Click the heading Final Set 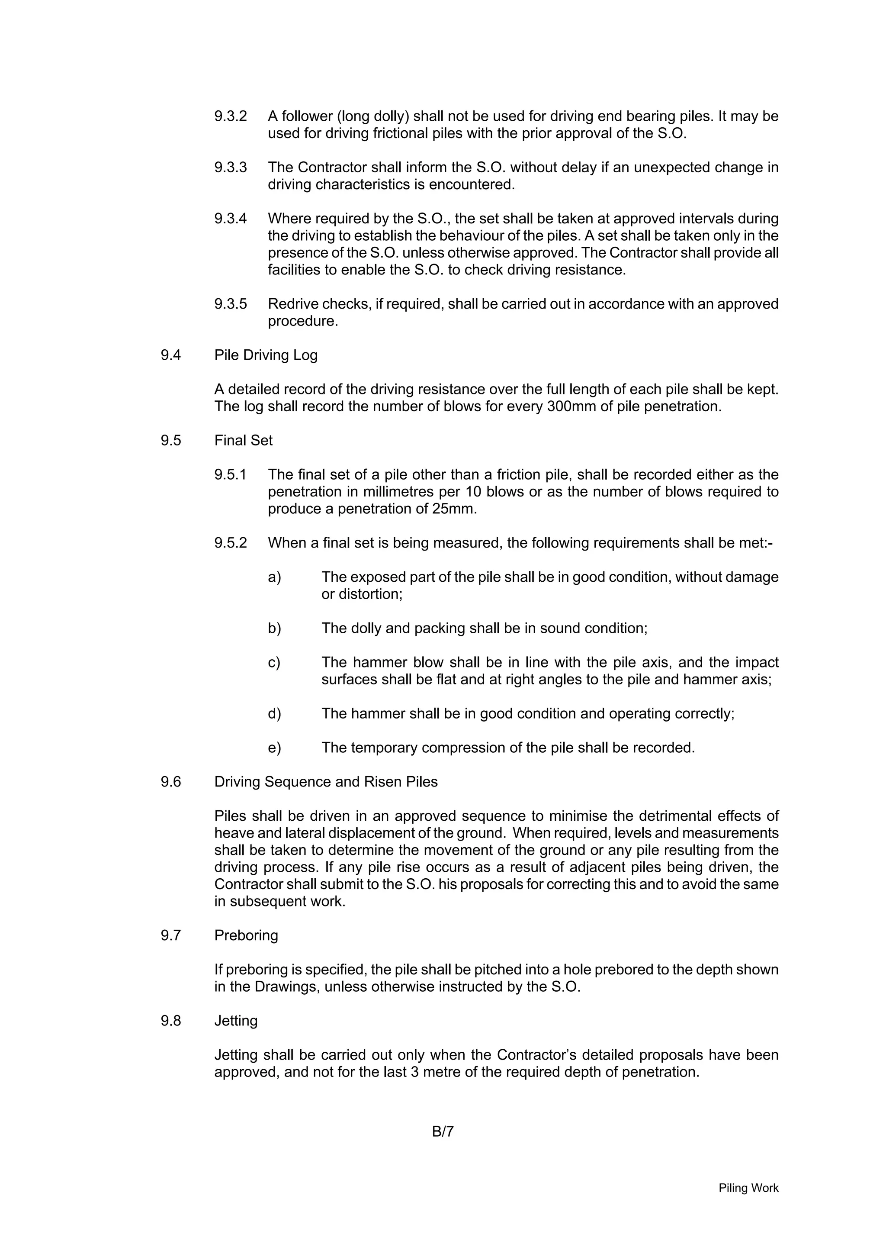pyautogui.click(x=243, y=441)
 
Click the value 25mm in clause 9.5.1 pyautogui.click(x=455, y=509)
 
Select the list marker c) pyautogui.click(x=274, y=663)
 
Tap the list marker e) pyautogui.click(x=274, y=748)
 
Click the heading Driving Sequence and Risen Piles pyautogui.click(x=325, y=782)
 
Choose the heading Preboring pyautogui.click(x=246, y=935)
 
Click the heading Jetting pyautogui.click(x=235, y=1021)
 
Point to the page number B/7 pyautogui.click(x=443, y=1132)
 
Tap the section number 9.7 pyautogui.click(x=170, y=935)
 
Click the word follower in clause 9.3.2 pyautogui.click(x=307, y=116)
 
